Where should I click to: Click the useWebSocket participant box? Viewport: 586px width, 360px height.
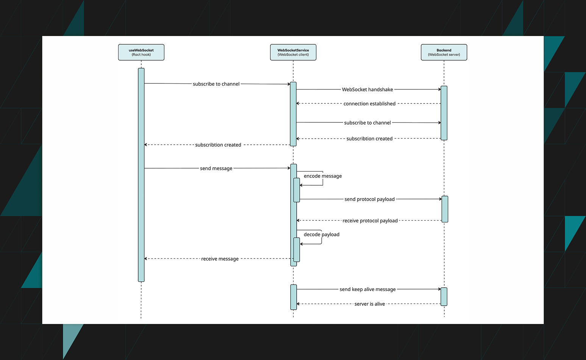point(141,52)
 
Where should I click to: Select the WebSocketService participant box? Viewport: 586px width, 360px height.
point(293,52)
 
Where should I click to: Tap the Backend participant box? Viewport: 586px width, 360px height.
point(444,52)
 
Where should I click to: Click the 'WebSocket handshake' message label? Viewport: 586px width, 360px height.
point(367,89)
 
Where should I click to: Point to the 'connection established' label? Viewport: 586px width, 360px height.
point(369,103)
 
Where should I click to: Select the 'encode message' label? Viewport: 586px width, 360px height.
point(322,176)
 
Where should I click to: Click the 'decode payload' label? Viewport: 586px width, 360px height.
point(321,235)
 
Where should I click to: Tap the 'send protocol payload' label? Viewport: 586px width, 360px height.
point(369,199)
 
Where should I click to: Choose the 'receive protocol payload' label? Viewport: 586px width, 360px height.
point(370,221)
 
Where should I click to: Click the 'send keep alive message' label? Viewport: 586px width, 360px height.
point(367,289)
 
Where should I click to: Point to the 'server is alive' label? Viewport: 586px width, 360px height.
point(369,304)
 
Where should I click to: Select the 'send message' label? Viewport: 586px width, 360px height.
point(216,168)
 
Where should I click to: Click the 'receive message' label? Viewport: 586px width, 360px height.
point(220,259)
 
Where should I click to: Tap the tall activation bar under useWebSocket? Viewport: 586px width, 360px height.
point(141,174)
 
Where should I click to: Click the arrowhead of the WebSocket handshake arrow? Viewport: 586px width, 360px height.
point(439,89)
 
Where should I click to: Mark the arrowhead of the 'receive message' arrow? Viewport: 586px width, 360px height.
point(146,259)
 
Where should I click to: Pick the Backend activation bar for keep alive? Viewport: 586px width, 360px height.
point(444,296)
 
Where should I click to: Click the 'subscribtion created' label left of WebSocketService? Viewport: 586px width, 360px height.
point(218,145)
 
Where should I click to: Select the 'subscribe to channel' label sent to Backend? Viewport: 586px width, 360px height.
point(367,123)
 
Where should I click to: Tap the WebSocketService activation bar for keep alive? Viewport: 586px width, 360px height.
point(294,297)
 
